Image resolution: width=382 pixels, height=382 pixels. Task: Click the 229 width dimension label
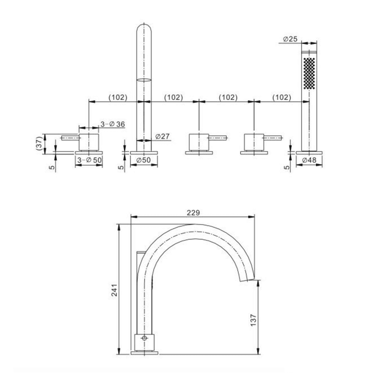point(194,212)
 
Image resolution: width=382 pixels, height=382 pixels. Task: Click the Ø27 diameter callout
point(163,136)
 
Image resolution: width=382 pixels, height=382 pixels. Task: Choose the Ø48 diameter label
point(310,160)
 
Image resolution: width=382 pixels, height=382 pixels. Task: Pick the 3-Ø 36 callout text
point(113,124)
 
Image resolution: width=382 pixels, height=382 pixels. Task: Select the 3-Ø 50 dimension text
point(89,160)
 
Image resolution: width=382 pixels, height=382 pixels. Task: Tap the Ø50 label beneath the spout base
point(144,160)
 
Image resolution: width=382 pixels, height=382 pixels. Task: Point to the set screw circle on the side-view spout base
point(145,338)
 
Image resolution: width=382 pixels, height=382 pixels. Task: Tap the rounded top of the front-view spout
point(144,29)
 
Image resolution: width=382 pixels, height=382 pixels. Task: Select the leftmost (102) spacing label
point(117,97)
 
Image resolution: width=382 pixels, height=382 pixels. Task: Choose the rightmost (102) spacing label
point(282,97)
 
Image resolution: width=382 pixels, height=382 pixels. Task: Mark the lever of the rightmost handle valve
point(273,137)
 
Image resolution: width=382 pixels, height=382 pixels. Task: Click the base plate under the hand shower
point(309,153)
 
